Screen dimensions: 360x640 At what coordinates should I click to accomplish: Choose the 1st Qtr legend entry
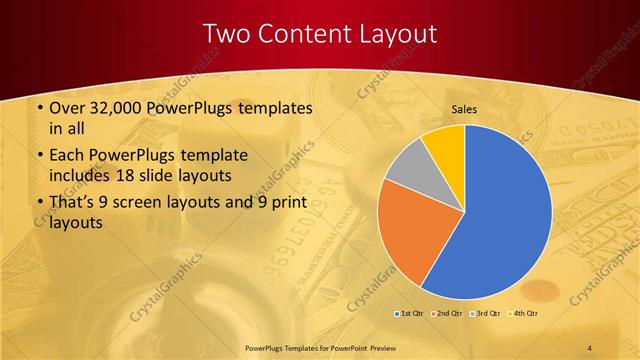[x=410, y=313]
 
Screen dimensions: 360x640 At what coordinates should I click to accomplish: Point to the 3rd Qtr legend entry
[x=486, y=313]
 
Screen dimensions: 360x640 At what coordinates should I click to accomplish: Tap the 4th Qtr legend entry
[x=525, y=313]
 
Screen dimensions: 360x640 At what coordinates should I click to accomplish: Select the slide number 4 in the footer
[x=590, y=346]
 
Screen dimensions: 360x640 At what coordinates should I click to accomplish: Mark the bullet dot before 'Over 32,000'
[x=38, y=108]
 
